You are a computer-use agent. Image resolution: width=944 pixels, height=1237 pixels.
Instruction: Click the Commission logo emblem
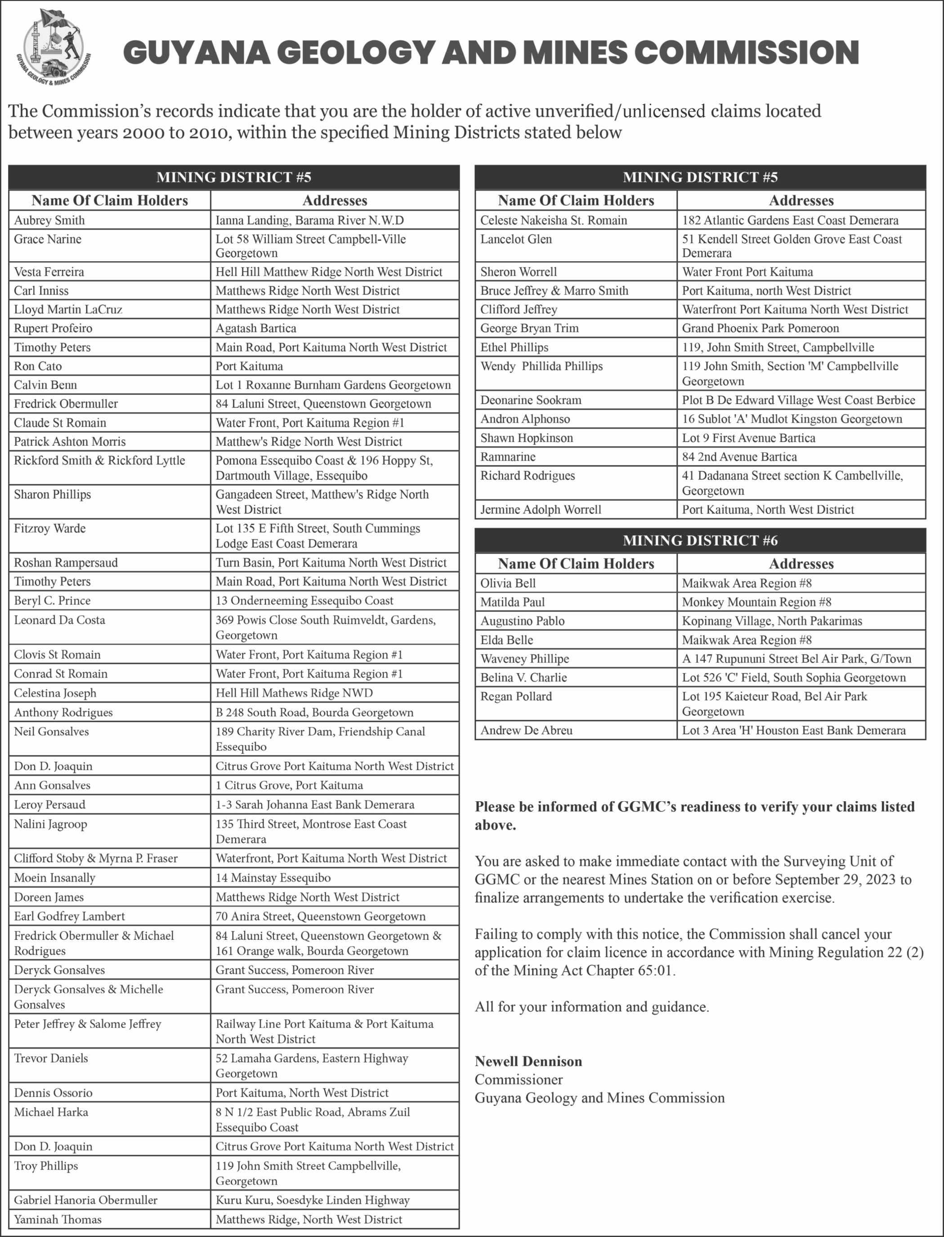[x=54, y=48]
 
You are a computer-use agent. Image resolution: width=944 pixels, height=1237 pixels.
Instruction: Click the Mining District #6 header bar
[x=700, y=540]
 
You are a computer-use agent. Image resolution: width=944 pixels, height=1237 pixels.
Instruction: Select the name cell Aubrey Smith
[x=49, y=220]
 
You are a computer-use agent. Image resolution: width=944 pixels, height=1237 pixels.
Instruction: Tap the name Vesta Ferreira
[x=49, y=272]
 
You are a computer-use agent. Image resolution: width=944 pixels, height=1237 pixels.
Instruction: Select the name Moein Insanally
[x=54, y=877]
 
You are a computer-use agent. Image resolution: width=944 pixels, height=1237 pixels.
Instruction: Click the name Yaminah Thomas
[x=58, y=1219]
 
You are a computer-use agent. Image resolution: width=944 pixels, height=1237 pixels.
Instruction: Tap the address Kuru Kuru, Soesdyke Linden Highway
[x=313, y=1200]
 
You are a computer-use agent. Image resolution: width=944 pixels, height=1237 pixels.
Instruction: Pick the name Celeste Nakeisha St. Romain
[x=554, y=220]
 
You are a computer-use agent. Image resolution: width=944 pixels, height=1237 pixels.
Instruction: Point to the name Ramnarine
[x=508, y=457]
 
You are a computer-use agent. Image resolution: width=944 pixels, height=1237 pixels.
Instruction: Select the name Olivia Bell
[x=508, y=583]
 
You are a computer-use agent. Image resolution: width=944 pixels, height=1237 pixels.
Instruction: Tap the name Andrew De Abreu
[x=527, y=730]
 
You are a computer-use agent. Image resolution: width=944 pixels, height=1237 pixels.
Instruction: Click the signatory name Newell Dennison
[x=528, y=1061]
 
